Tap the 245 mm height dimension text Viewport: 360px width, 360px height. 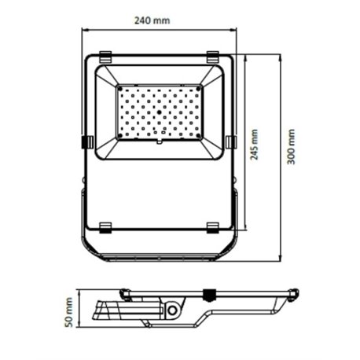[x=254, y=144]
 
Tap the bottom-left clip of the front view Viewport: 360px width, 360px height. [x=106, y=227]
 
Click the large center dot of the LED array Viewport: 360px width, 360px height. [x=160, y=113]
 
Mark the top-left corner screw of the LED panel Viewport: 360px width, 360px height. [x=120, y=89]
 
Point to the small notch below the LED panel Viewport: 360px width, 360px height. [x=160, y=145]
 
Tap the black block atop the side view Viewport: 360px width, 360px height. [x=209, y=296]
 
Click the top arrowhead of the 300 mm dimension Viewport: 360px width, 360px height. [x=282, y=57]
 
